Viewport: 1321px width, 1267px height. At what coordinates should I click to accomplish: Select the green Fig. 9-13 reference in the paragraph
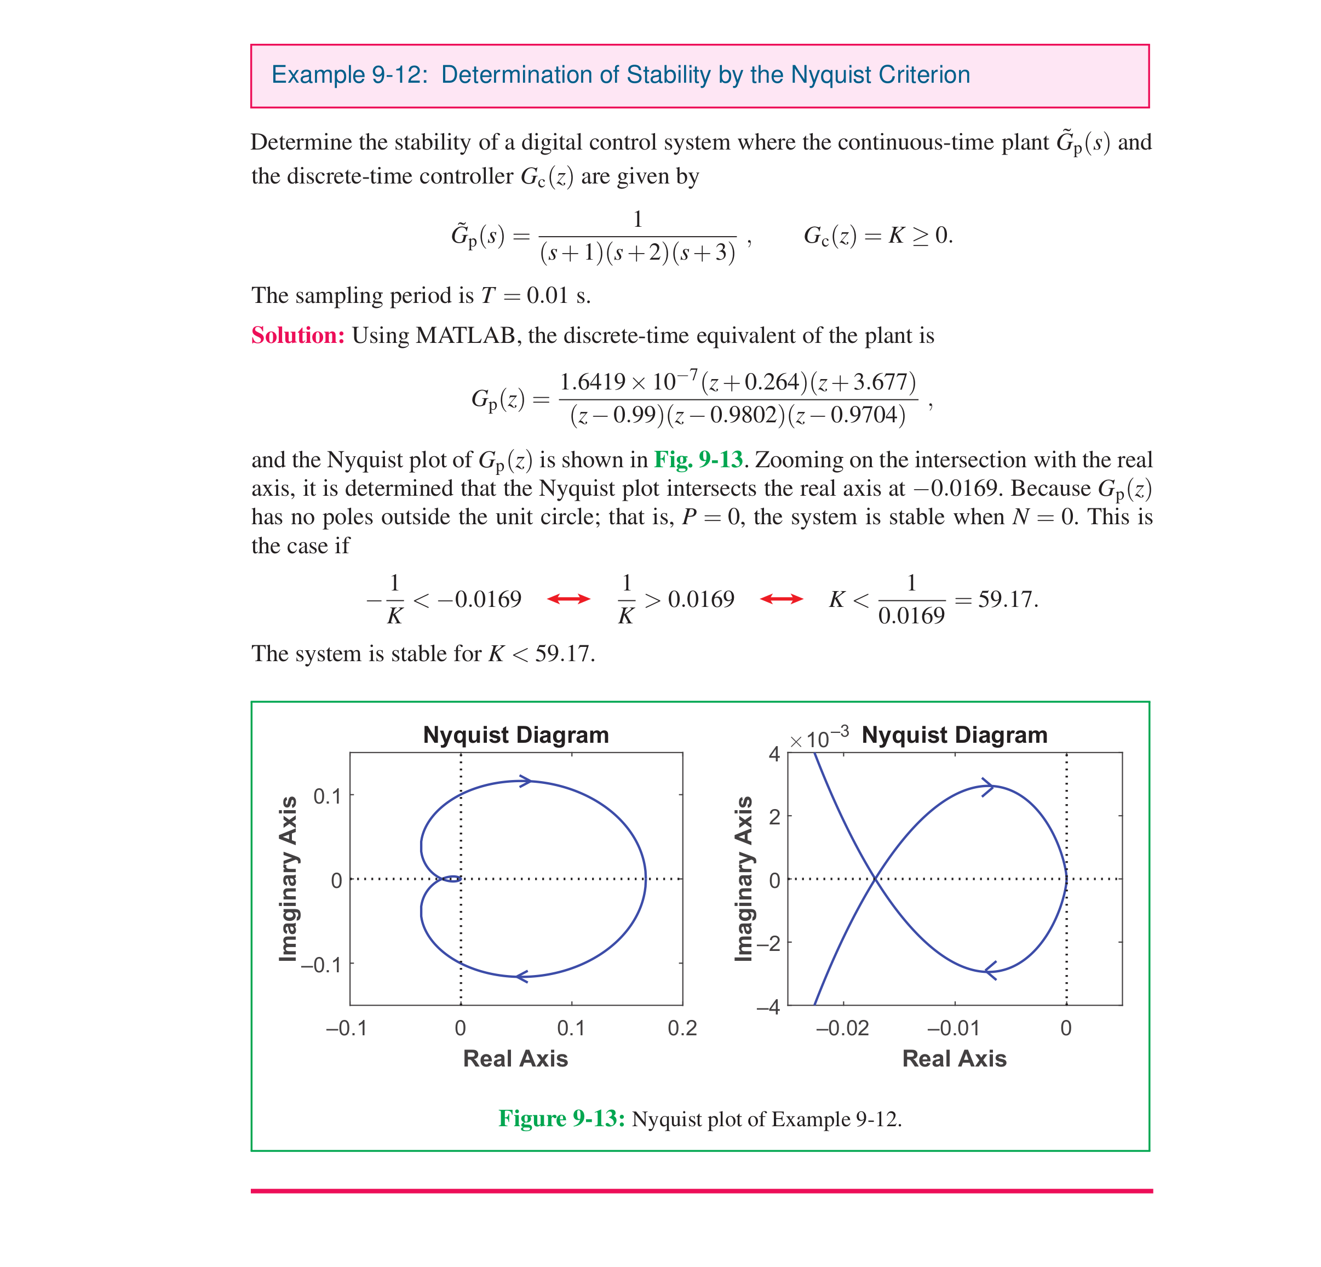click(698, 460)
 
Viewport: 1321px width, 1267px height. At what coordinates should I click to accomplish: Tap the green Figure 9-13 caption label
click(561, 1119)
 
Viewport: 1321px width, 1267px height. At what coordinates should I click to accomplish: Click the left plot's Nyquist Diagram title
click(515, 735)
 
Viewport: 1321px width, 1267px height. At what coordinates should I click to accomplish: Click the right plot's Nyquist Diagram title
click(955, 735)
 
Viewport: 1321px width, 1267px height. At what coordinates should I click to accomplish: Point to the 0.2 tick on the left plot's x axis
click(682, 1028)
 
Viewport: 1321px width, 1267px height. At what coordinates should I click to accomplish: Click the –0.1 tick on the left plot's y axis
click(321, 965)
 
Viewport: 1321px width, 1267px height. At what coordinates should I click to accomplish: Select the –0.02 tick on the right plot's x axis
click(842, 1028)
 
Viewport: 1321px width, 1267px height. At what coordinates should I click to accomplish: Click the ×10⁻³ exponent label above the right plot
click(819, 738)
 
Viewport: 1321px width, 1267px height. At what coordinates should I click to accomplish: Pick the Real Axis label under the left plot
click(515, 1059)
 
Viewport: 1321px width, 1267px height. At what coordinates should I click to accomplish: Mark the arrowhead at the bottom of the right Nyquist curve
click(991, 971)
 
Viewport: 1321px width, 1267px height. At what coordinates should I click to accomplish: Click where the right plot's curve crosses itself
click(875, 879)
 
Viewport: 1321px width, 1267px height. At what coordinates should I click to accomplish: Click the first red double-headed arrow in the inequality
click(568, 599)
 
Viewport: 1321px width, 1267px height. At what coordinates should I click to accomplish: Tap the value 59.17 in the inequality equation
click(1007, 599)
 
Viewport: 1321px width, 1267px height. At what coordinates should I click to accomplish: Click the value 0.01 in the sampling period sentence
click(547, 295)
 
